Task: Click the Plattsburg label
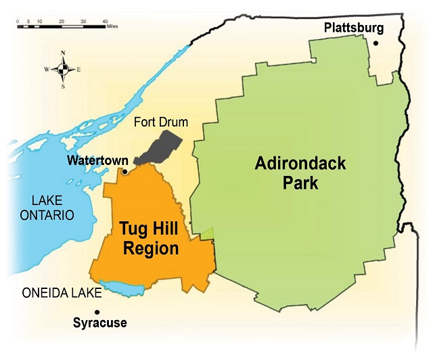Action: click(354, 28)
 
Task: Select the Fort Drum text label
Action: click(160, 122)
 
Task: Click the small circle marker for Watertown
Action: click(124, 172)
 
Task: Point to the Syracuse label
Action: click(99, 323)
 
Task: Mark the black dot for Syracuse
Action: click(97, 311)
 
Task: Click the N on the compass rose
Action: click(63, 53)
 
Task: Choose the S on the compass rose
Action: click(63, 86)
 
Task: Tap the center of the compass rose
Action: click(63, 69)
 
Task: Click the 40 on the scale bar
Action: click(105, 22)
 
